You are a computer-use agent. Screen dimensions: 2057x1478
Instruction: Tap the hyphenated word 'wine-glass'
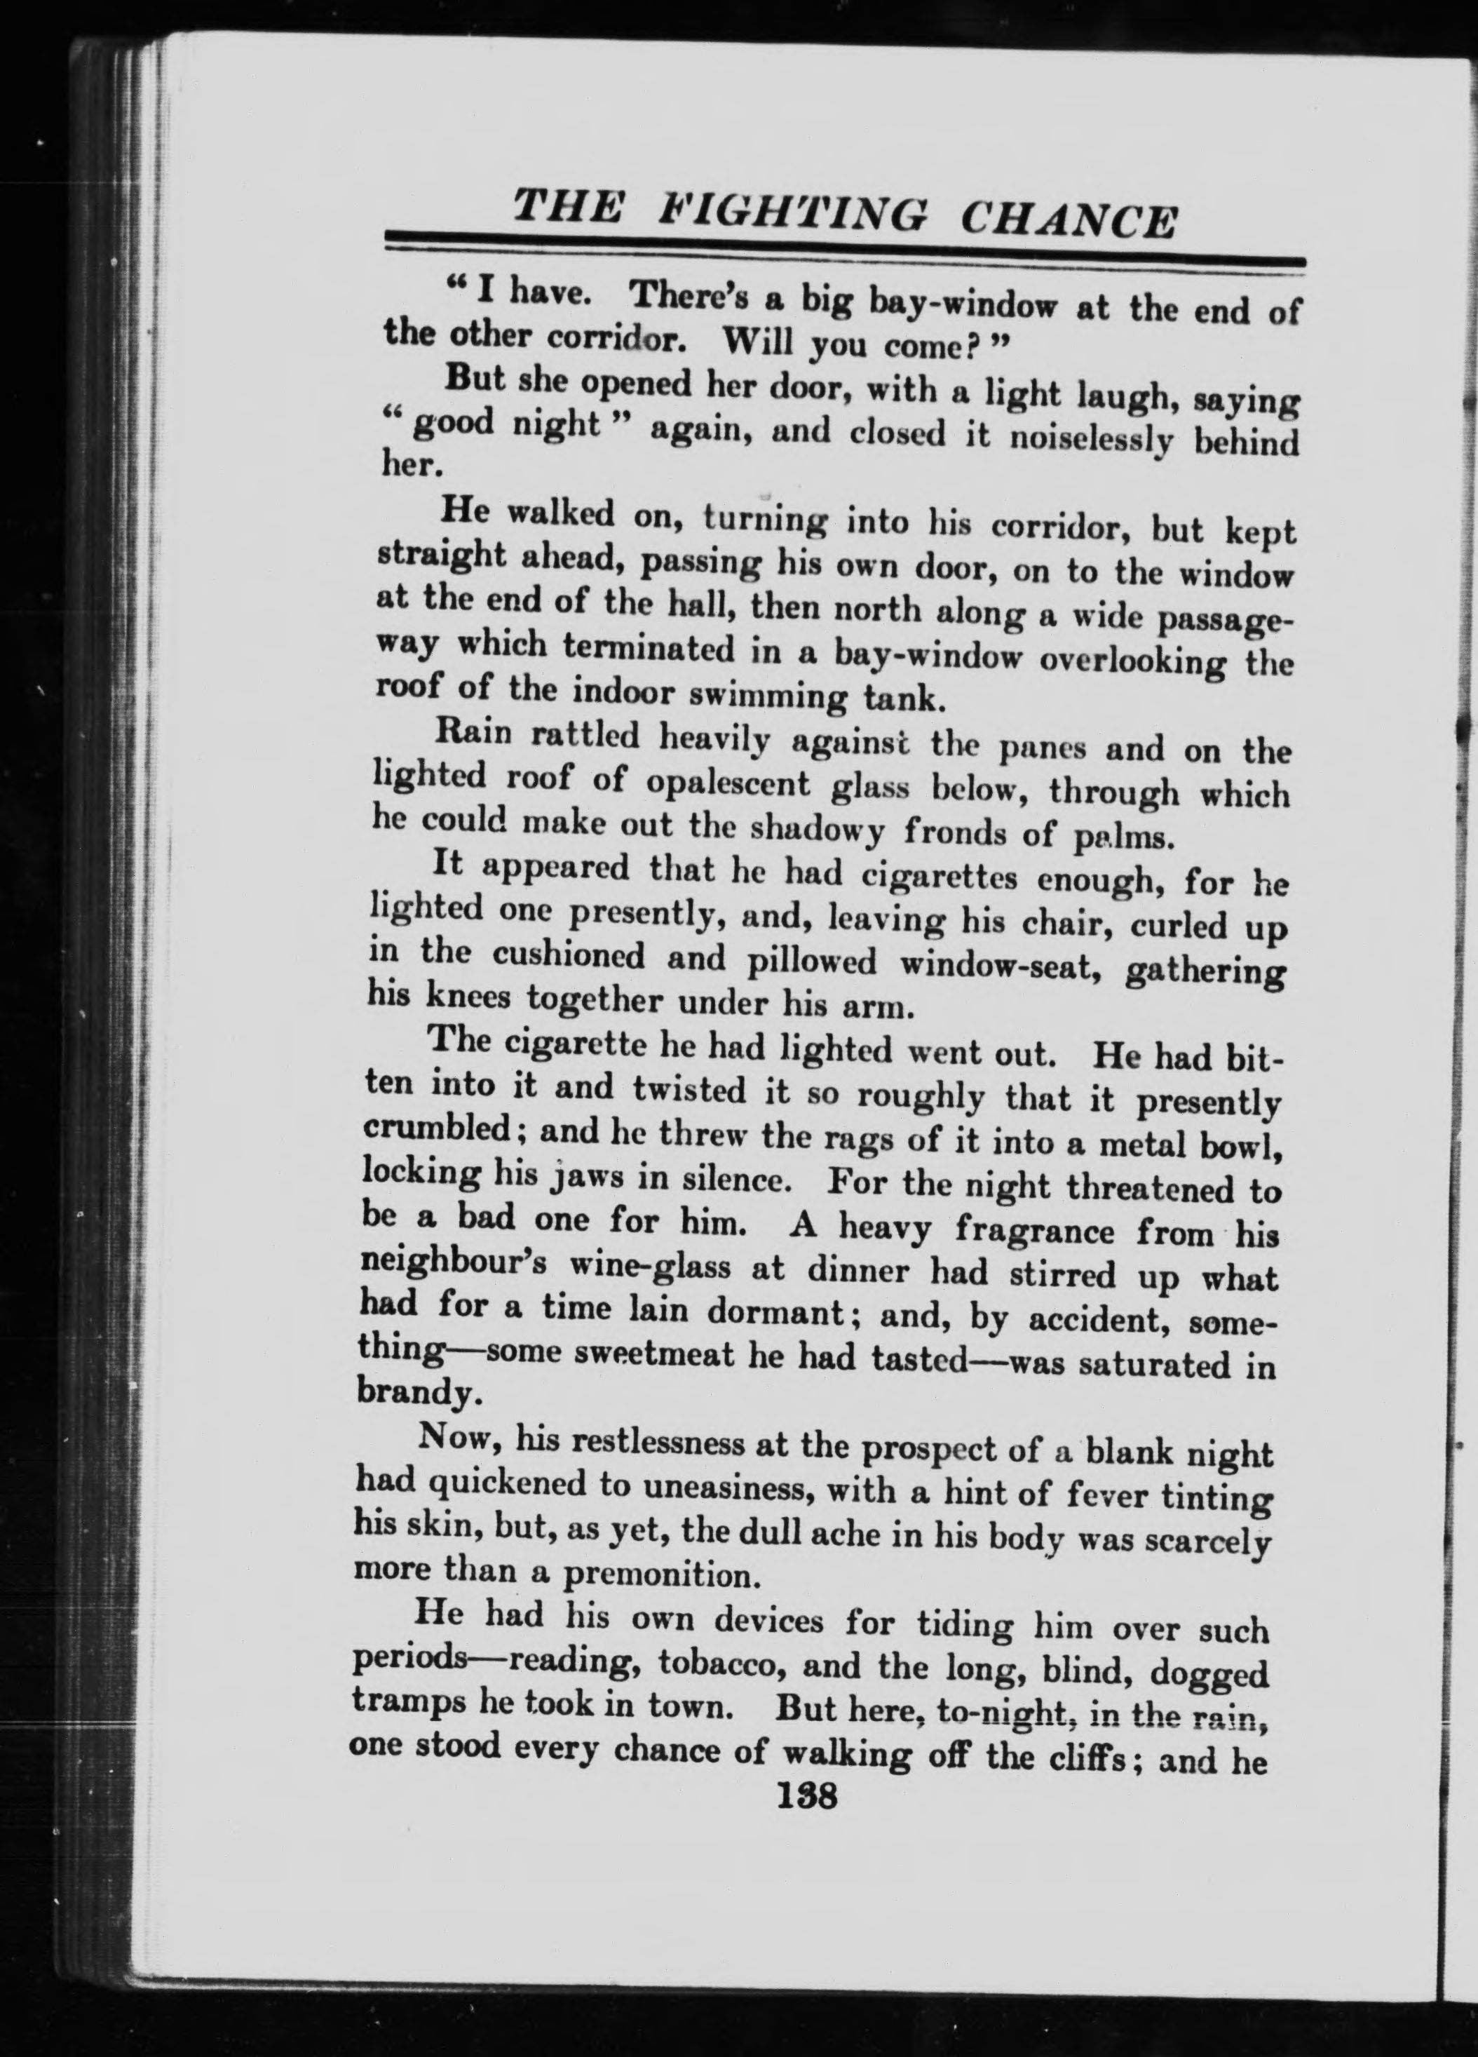[x=646, y=1268]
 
